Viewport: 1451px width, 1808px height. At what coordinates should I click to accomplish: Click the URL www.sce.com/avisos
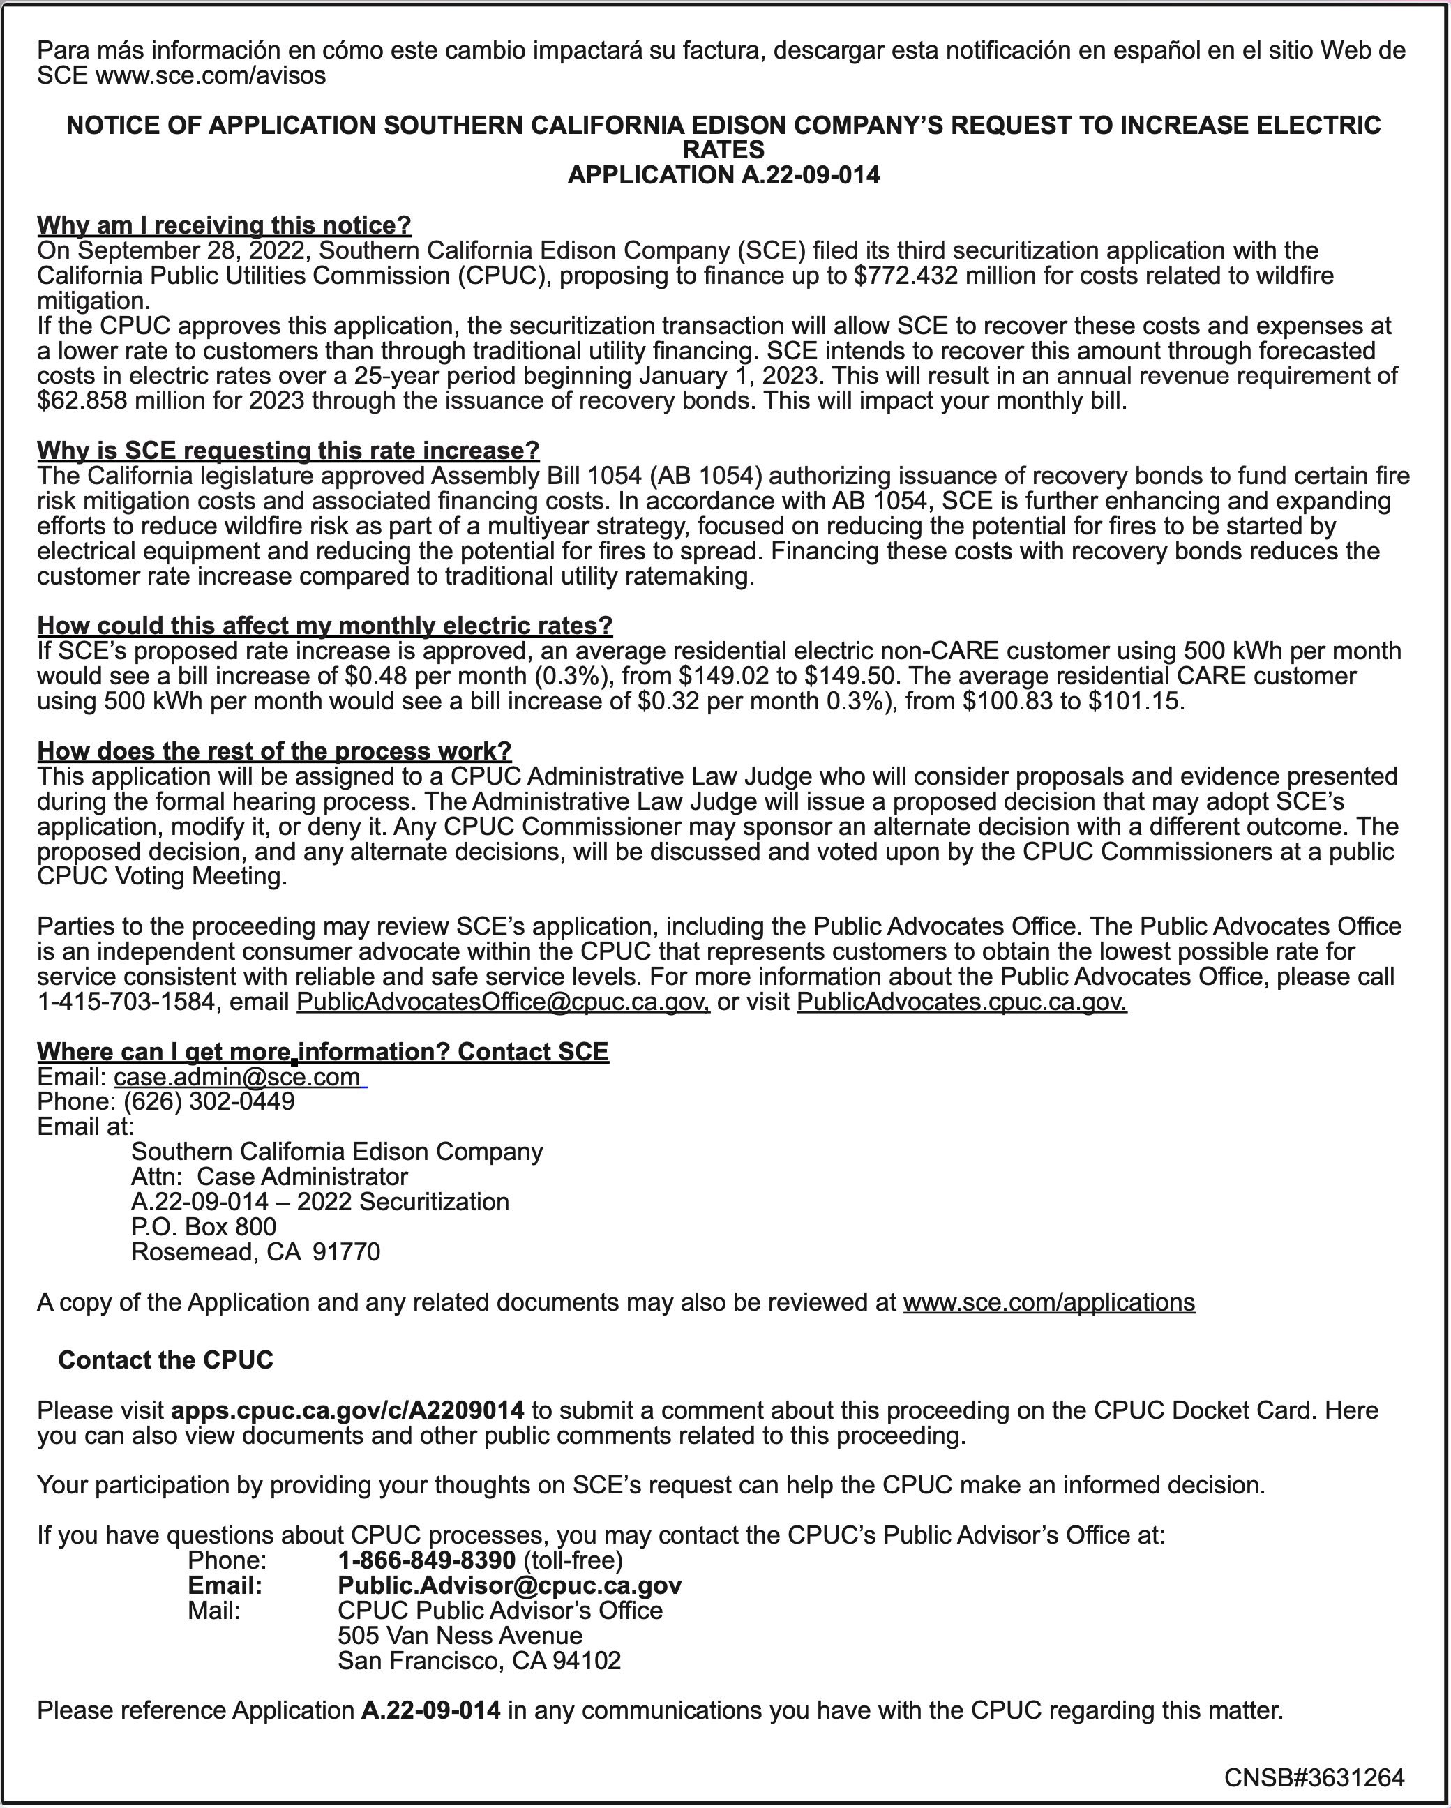211,76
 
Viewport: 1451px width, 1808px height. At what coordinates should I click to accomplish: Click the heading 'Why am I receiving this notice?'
224,225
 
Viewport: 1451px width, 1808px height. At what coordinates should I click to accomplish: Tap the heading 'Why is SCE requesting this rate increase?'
287,451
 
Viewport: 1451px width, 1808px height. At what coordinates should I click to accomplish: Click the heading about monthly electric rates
324,626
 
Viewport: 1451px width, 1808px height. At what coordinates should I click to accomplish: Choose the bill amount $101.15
1135,701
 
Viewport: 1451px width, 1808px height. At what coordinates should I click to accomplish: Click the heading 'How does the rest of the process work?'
274,751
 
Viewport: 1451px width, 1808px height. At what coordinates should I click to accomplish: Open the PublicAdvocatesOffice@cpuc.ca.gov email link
503,1002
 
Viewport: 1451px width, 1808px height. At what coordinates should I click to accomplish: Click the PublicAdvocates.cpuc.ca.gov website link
961,1002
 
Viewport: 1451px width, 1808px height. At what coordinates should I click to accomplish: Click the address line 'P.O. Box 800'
204,1227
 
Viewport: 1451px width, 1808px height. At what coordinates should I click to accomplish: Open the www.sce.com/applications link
1048,1302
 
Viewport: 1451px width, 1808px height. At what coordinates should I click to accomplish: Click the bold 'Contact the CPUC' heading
165,1360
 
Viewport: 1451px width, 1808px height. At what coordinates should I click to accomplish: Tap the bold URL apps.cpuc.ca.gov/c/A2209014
347,1410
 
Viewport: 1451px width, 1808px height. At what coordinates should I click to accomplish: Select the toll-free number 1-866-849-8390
426,1560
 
